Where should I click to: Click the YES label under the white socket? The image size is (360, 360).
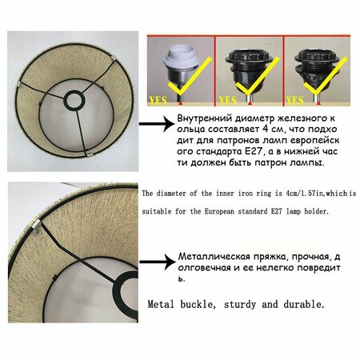point(158,101)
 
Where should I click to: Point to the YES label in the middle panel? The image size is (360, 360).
point(228,101)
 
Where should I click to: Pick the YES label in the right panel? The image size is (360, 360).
point(295,101)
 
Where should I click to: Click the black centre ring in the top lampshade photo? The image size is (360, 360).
point(74,100)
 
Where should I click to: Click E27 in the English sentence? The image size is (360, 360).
point(277,211)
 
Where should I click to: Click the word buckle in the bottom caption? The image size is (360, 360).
point(198,304)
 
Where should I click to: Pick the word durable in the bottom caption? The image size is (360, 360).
point(304,304)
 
